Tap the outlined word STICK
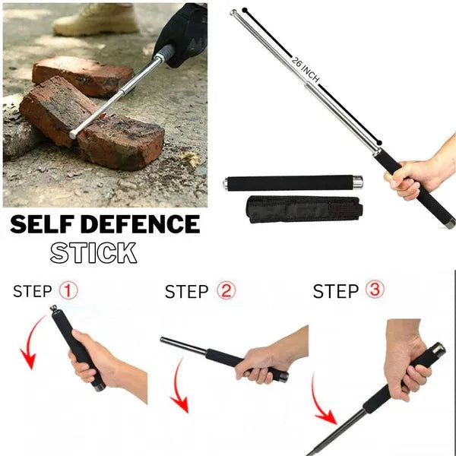[x=93, y=252]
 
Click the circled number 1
[x=68, y=290]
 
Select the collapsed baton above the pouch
[x=293, y=182]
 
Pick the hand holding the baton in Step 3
[x=407, y=357]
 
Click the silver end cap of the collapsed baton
[x=356, y=182]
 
